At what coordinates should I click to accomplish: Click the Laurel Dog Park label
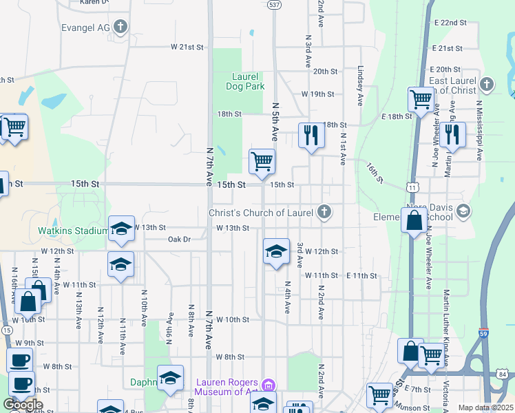pyautogui.click(x=245, y=82)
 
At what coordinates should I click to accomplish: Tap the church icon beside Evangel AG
pyautogui.click(x=121, y=27)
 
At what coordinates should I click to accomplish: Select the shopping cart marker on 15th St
pyautogui.click(x=262, y=162)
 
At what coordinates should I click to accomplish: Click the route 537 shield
pyautogui.click(x=274, y=5)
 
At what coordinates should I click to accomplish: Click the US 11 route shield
pyautogui.click(x=412, y=187)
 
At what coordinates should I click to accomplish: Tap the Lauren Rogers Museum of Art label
pyautogui.click(x=227, y=388)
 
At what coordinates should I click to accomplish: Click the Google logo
pyautogui.click(x=23, y=405)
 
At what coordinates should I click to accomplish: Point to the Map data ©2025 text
pyautogui.click(x=485, y=407)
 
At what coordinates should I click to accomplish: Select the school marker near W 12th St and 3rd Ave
pyautogui.click(x=276, y=251)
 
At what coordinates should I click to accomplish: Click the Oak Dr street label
pyautogui.click(x=178, y=240)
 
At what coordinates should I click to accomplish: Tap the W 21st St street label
pyautogui.click(x=188, y=47)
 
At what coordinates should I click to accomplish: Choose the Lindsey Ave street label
pyautogui.click(x=360, y=86)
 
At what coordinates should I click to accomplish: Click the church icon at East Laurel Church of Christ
pyautogui.click(x=487, y=85)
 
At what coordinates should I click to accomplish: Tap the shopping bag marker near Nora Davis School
pyautogui.click(x=414, y=220)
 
